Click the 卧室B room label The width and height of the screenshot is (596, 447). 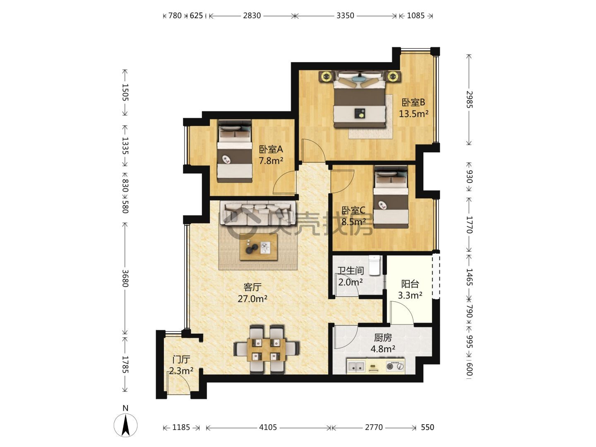tap(413, 102)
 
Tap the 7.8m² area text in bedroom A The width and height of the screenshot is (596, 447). tap(271, 161)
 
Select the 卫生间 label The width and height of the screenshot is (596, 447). tap(350, 271)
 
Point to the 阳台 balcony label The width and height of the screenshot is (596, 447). tap(410, 284)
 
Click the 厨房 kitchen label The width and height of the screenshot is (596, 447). tap(383, 338)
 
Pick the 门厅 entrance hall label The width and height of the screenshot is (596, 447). tap(181, 360)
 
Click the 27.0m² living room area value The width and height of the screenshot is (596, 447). tap(252, 299)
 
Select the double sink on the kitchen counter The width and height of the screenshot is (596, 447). tap(356, 367)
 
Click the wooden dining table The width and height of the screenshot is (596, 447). tap(266, 350)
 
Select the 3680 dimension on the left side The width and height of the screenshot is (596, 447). tap(125, 278)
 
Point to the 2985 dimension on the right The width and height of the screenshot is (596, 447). tap(469, 99)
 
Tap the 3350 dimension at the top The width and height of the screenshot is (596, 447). tap(345, 15)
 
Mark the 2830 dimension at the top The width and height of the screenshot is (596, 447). tap(252, 15)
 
